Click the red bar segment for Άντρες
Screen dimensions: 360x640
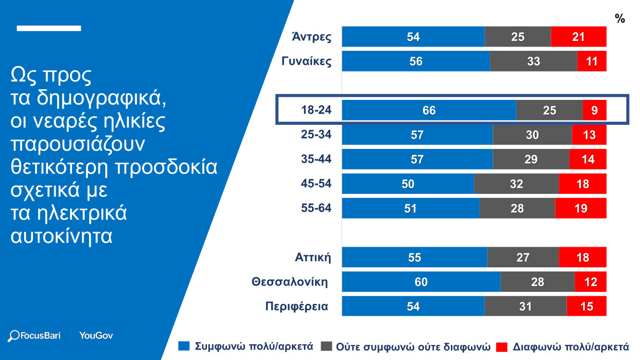point(579,36)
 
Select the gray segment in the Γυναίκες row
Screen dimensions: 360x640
point(533,61)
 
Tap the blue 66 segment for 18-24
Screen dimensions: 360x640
point(429,110)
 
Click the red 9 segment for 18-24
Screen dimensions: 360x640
point(594,110)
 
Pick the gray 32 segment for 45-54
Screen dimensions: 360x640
point(516,184)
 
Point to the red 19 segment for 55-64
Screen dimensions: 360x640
point(580,208)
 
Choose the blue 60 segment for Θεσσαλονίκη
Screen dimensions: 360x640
point(421,282)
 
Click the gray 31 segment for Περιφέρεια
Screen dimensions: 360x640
point(525,306)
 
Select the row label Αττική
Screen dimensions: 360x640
point(313,257)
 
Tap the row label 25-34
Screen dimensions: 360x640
point(316,135)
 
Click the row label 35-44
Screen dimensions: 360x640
point(316,159)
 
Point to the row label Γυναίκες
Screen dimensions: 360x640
point(306,61)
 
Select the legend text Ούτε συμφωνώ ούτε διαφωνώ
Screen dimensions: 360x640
point(413,347)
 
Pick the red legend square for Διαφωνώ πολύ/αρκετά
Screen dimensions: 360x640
point(502,346)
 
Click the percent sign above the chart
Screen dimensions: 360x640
point(620,19)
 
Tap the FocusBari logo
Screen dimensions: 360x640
point(35,336)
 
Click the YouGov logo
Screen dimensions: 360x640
point(96,336)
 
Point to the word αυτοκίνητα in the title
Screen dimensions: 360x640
point(61,236)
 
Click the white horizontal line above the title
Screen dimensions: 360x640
point(48,28)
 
